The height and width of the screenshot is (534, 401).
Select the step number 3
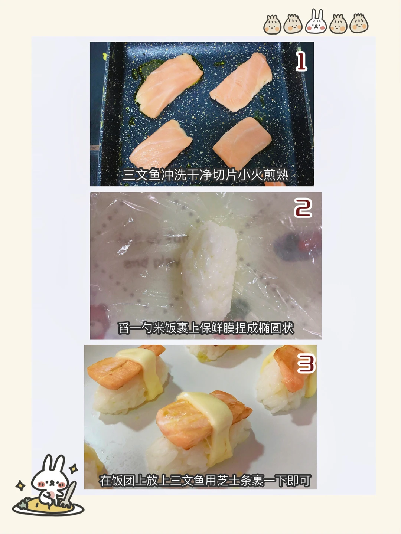(306, 364)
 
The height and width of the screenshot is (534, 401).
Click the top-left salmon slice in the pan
(169, 85)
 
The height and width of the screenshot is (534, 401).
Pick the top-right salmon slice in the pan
(241, 82)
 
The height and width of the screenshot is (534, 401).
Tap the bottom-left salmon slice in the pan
(161, 144)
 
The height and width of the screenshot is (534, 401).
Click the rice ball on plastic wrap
(209, 271)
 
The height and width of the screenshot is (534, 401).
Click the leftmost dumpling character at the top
(273, 24)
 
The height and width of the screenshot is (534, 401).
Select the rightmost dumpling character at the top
(359, 23)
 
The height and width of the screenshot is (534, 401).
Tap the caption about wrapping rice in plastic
(206, 328)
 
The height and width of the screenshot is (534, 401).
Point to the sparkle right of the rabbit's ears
(74, 468)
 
